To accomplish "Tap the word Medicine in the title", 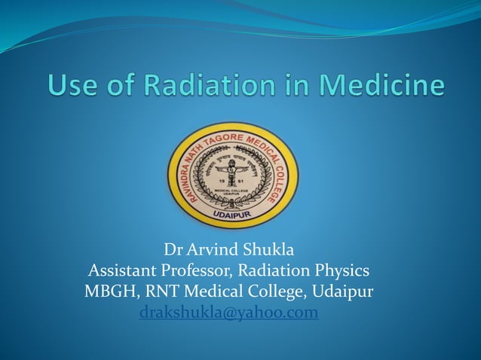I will coord(383,84).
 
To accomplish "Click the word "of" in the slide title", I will coord(120,84).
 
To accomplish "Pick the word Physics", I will coord(342,270).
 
